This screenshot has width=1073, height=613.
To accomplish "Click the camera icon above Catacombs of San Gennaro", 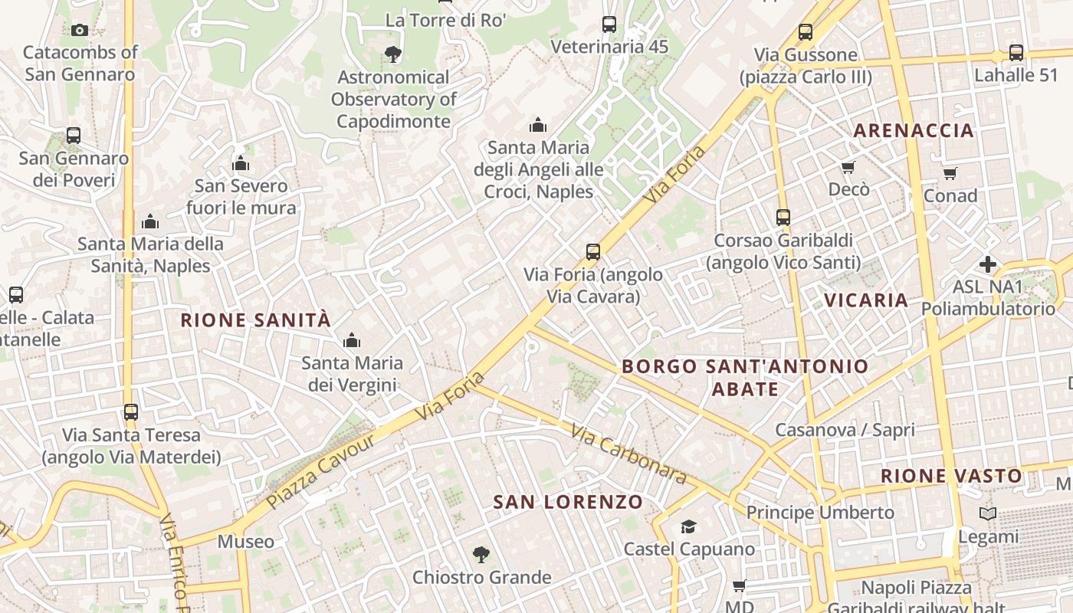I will [79, 31].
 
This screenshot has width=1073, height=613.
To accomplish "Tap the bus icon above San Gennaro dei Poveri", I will [74, 136].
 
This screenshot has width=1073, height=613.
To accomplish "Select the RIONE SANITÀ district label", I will [255, 320].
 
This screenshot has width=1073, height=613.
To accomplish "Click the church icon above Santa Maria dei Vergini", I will [352, 340].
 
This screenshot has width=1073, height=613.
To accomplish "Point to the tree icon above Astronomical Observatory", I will [393, 54].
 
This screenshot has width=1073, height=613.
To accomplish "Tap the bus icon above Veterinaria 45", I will [609, 25].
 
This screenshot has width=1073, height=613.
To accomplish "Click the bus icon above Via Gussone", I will [805, 32].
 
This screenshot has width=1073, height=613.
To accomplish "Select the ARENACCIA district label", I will [914, 131].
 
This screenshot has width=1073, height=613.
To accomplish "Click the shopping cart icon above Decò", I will [848, 167].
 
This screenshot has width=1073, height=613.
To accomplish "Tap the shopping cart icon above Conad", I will [950, 173].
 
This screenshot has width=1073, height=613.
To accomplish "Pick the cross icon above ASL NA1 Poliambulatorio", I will [988, 265].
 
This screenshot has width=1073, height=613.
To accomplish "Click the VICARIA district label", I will [866, 300].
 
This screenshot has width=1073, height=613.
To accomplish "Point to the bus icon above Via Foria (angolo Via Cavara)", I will [592, 252].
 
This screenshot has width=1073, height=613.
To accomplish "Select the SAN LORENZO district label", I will [568, 503].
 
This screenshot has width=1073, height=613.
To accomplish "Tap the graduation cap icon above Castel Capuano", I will [688, 526].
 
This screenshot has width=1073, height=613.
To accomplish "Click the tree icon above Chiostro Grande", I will [481, 554].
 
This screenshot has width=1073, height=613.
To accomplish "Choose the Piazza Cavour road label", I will [321, 471].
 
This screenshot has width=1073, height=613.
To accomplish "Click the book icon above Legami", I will [988, 514].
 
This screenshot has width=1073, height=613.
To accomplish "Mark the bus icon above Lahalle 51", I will [1016, 53].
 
